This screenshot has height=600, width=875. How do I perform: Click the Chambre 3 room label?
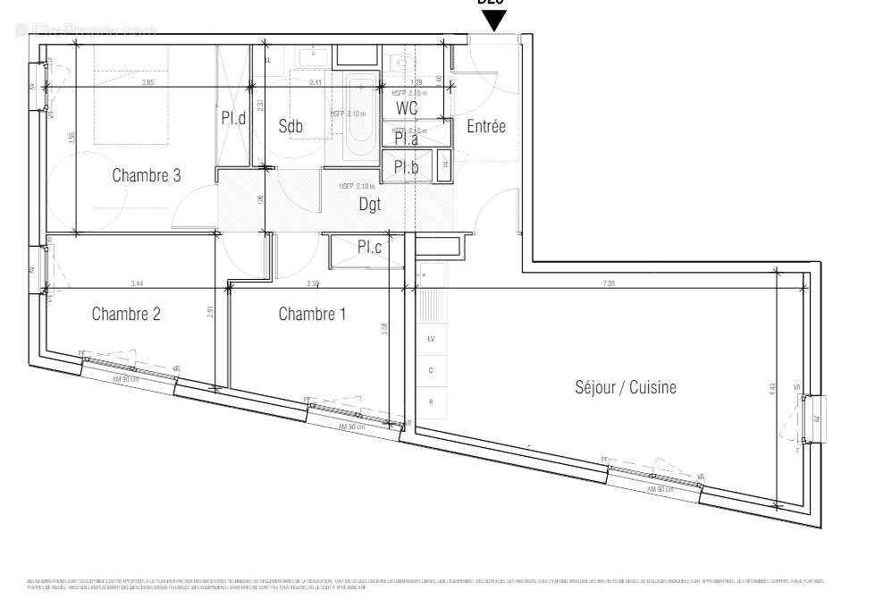[x=147, y=176]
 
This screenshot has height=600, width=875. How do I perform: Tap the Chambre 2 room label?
[x=126, y=314]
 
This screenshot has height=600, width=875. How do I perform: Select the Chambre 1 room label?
[x=312, y=314]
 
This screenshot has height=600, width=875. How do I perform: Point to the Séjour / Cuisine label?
[x=625, y=387]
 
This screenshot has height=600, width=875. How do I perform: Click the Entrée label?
[x=486, y=127]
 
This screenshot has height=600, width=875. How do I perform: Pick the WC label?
[x=407, y=108]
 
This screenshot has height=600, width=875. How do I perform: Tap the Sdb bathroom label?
[x=290, y=127]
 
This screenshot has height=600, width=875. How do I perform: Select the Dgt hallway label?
[x=369, y=204]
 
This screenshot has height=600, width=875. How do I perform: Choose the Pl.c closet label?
[x=369, y=247]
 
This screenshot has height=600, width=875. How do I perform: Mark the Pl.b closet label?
[x=407, y=166]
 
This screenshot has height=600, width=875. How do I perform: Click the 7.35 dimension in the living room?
[x=609, y=283]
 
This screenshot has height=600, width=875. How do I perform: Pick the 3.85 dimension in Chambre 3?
[x=147, y=83]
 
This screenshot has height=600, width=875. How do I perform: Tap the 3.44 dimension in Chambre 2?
[x=136, y=283]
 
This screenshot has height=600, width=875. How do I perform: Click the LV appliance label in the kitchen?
[x=431, y=339]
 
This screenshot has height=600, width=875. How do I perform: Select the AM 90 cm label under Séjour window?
[x=661, y=489]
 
